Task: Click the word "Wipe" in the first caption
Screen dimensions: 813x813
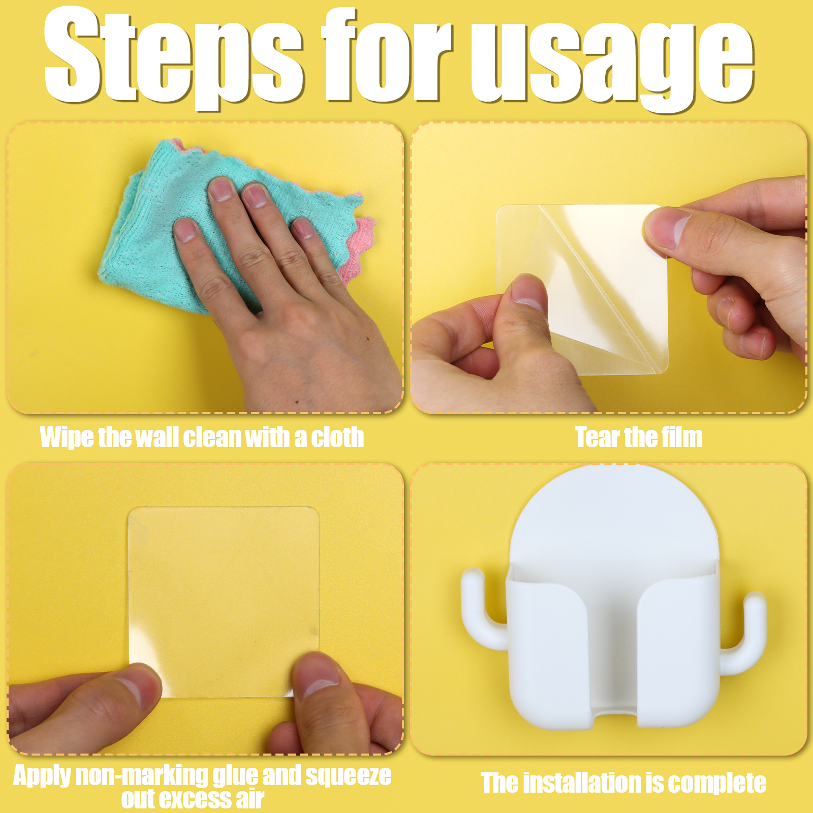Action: (x=67, y=437)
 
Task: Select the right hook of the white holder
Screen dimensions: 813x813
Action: (x=745, y=633)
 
